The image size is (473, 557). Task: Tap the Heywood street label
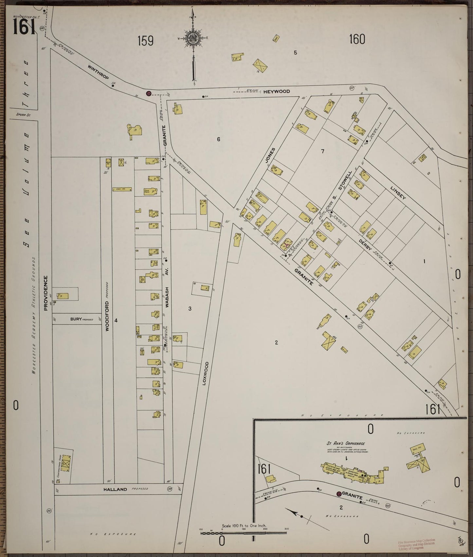[277, 91]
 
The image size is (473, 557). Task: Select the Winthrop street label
[98, 71]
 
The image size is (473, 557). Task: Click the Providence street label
[46, 293]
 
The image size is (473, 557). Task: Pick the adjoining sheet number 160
[357, 39]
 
